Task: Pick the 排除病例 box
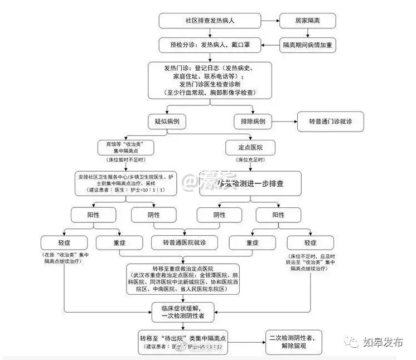[254, 121]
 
